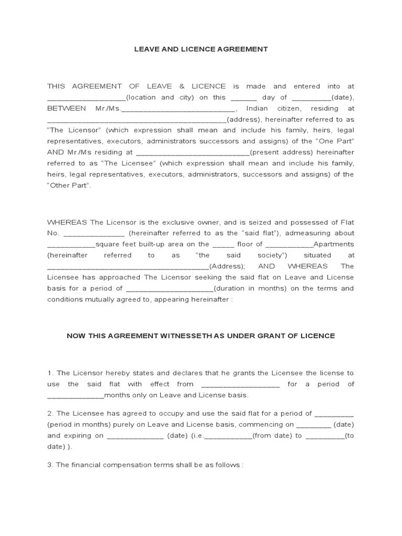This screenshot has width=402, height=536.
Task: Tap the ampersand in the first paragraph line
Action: (x=184, y=86)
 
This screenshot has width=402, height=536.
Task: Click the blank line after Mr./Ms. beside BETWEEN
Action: (x=178, y=109)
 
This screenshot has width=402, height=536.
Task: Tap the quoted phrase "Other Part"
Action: (x=69, y=185)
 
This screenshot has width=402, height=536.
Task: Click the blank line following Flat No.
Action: (x=94, y=234)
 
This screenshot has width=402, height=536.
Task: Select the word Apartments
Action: (x=334, y=244)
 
